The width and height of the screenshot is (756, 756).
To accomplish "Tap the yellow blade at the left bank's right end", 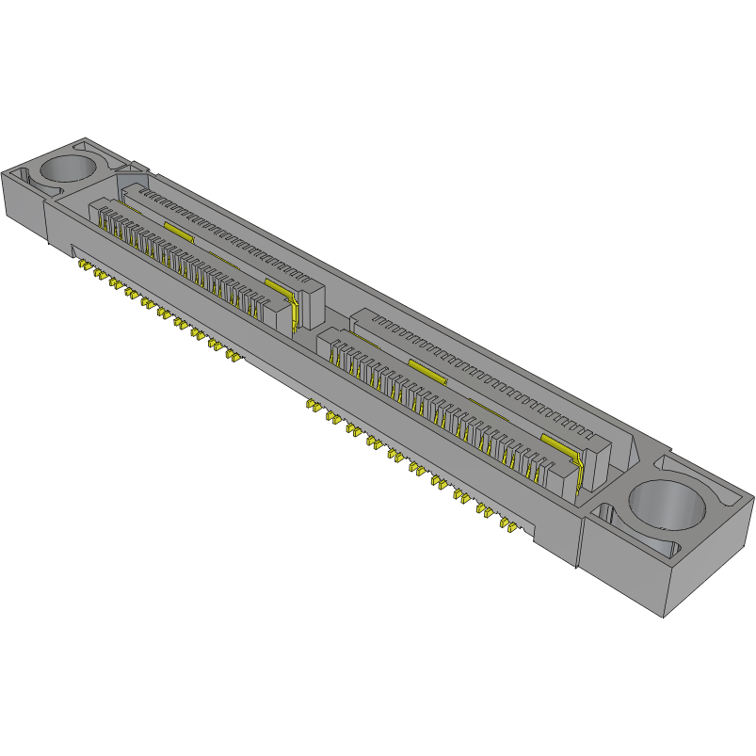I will [294, 312].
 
